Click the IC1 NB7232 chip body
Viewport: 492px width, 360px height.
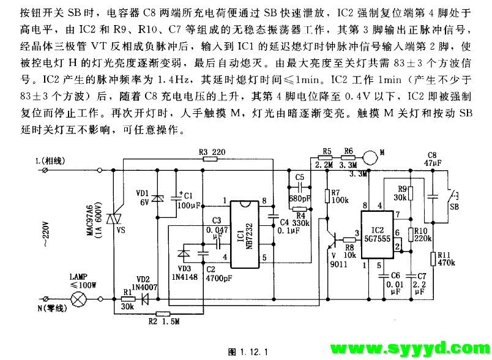[x=245, y=234]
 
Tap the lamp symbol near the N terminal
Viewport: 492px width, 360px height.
[x=77, y=299]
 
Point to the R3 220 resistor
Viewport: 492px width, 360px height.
[x=211, y=159]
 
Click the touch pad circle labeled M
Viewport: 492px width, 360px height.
[x=370, y=157]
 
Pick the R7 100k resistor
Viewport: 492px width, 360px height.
[x=327, y=196]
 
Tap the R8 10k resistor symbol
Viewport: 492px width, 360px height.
[x=349, y=240]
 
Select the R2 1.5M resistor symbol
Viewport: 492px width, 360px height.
[x=163, y=313]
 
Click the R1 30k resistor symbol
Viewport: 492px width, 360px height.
[x=128, y=299]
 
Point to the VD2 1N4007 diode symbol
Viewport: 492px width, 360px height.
[x=145, y=299]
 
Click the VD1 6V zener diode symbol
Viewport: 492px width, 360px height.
[x=157, y=198]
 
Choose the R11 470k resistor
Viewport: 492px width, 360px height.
[x=433, y=258]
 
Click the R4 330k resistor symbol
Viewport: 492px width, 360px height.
[x=300, y=209]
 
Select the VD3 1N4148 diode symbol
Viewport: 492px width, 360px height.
[x=184, y=253]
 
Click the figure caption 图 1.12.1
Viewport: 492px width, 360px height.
[x=248, y=351]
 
